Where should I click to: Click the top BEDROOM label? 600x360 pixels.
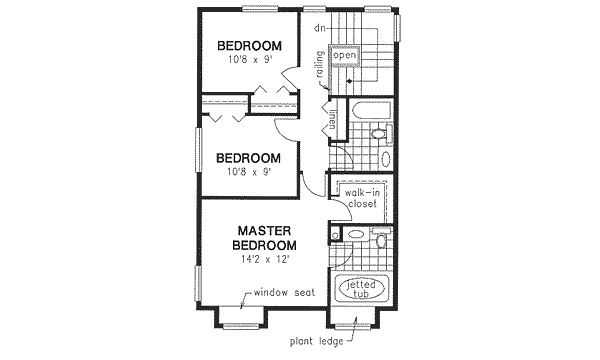click(248, 46)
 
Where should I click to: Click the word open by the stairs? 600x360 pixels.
click(346, 56)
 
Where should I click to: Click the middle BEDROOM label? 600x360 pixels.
click(248, 158)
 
